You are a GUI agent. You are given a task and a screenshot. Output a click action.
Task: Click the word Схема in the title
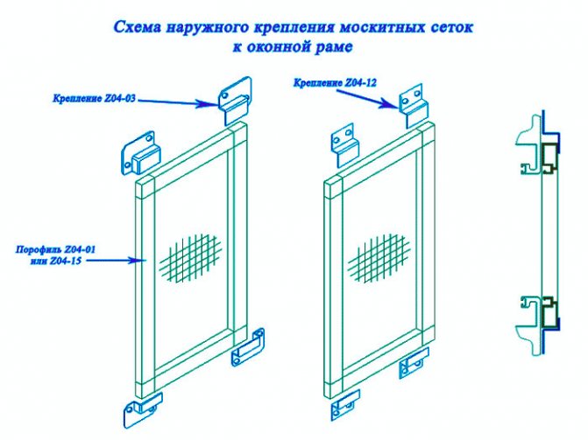(137, 27)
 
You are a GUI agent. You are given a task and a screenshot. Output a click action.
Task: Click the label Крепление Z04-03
(94, 99)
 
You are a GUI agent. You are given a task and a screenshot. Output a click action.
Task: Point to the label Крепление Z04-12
(335, 83)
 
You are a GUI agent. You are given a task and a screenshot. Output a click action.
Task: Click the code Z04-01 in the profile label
(80, 249)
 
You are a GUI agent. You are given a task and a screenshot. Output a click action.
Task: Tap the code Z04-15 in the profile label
(65, 261)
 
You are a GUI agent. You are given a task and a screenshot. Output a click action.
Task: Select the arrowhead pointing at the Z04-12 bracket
(389, 103)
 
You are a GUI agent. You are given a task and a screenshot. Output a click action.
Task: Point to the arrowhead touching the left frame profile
(137, 260)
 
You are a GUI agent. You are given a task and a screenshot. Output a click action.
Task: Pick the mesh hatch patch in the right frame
(379, 257)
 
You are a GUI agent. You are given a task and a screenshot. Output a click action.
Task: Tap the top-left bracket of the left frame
(140, 153)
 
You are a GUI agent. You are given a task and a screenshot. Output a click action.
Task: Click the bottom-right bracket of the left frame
(248, 347)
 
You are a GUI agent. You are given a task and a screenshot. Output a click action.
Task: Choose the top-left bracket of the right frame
(344, 145)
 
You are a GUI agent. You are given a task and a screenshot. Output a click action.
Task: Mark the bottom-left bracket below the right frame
(345, 405)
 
